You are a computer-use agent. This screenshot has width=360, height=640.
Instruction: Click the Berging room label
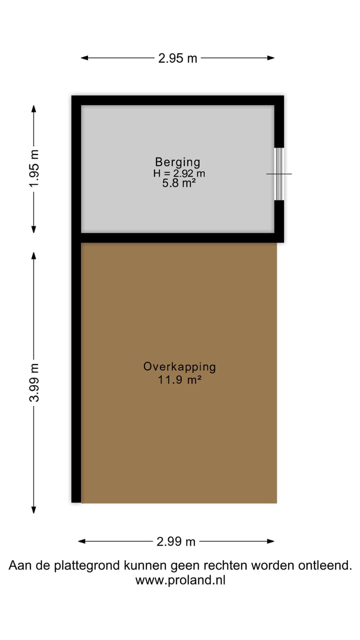[177, 162]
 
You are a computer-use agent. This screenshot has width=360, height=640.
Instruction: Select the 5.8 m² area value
[177, 183]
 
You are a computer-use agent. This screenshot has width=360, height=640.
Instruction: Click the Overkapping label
[179, 366]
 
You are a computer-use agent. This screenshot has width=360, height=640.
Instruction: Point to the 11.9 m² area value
[179, 379]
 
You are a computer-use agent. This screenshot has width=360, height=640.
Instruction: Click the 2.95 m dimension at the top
[177, 58]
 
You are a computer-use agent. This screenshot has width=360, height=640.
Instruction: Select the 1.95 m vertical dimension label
[33, 169]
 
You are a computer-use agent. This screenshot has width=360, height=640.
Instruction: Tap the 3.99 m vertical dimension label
[33, 382]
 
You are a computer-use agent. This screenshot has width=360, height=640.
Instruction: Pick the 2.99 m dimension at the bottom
[176, 541]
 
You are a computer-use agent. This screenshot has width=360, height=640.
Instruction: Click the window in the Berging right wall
[279, 173]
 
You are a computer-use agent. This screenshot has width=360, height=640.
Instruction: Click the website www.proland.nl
[180, 580]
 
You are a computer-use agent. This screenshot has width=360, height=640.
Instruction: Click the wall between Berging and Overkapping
[177, 237]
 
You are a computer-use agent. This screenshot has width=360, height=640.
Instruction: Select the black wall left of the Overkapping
[76, 370]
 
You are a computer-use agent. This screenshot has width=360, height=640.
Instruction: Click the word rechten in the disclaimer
[228, 566]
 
